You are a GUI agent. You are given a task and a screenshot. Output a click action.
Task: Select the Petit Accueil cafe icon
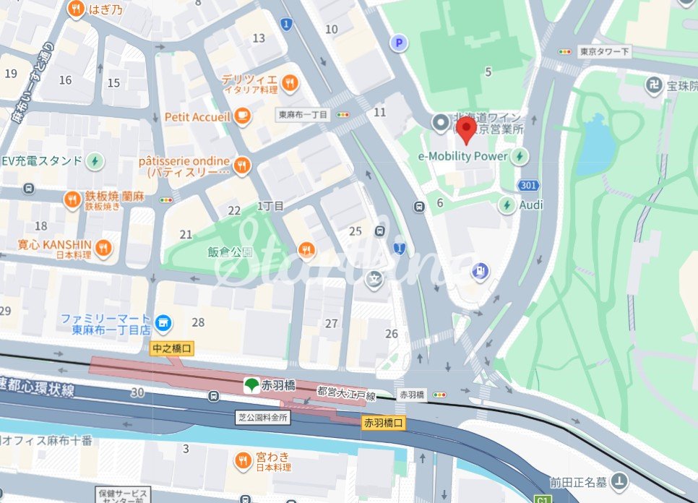[244, 116]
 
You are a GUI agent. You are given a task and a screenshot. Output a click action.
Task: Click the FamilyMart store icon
[164, 322]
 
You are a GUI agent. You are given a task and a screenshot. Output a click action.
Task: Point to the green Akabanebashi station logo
[251, 384]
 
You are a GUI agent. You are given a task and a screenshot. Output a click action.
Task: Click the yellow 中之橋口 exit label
[173, 348]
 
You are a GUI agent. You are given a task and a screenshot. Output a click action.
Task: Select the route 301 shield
[528, 186]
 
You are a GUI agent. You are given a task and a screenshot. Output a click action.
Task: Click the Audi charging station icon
[508, 205]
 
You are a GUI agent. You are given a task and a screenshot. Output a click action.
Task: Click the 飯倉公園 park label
[230, 252]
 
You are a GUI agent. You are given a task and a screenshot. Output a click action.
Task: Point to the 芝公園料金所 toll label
[262, 417]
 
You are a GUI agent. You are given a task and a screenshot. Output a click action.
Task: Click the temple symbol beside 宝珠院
[655, 85]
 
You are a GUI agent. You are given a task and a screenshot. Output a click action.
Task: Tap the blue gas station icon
[479, 272]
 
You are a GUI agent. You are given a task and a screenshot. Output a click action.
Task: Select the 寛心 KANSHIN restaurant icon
[104, 248]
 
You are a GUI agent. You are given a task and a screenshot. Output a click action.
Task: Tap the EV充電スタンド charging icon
[95, 160]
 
